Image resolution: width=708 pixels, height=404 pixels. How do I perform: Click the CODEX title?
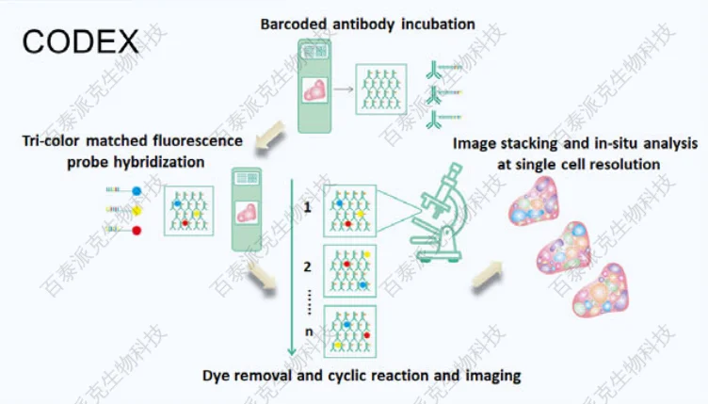[x=80, y=40]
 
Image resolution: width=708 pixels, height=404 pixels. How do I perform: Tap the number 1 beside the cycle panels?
[x=308, y=205]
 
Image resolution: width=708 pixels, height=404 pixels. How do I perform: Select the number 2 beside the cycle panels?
[x=308, y=267]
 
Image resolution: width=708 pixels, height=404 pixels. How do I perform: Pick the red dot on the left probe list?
[x=137, y=230]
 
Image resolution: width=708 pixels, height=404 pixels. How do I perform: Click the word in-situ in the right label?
[x=596, y=144]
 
